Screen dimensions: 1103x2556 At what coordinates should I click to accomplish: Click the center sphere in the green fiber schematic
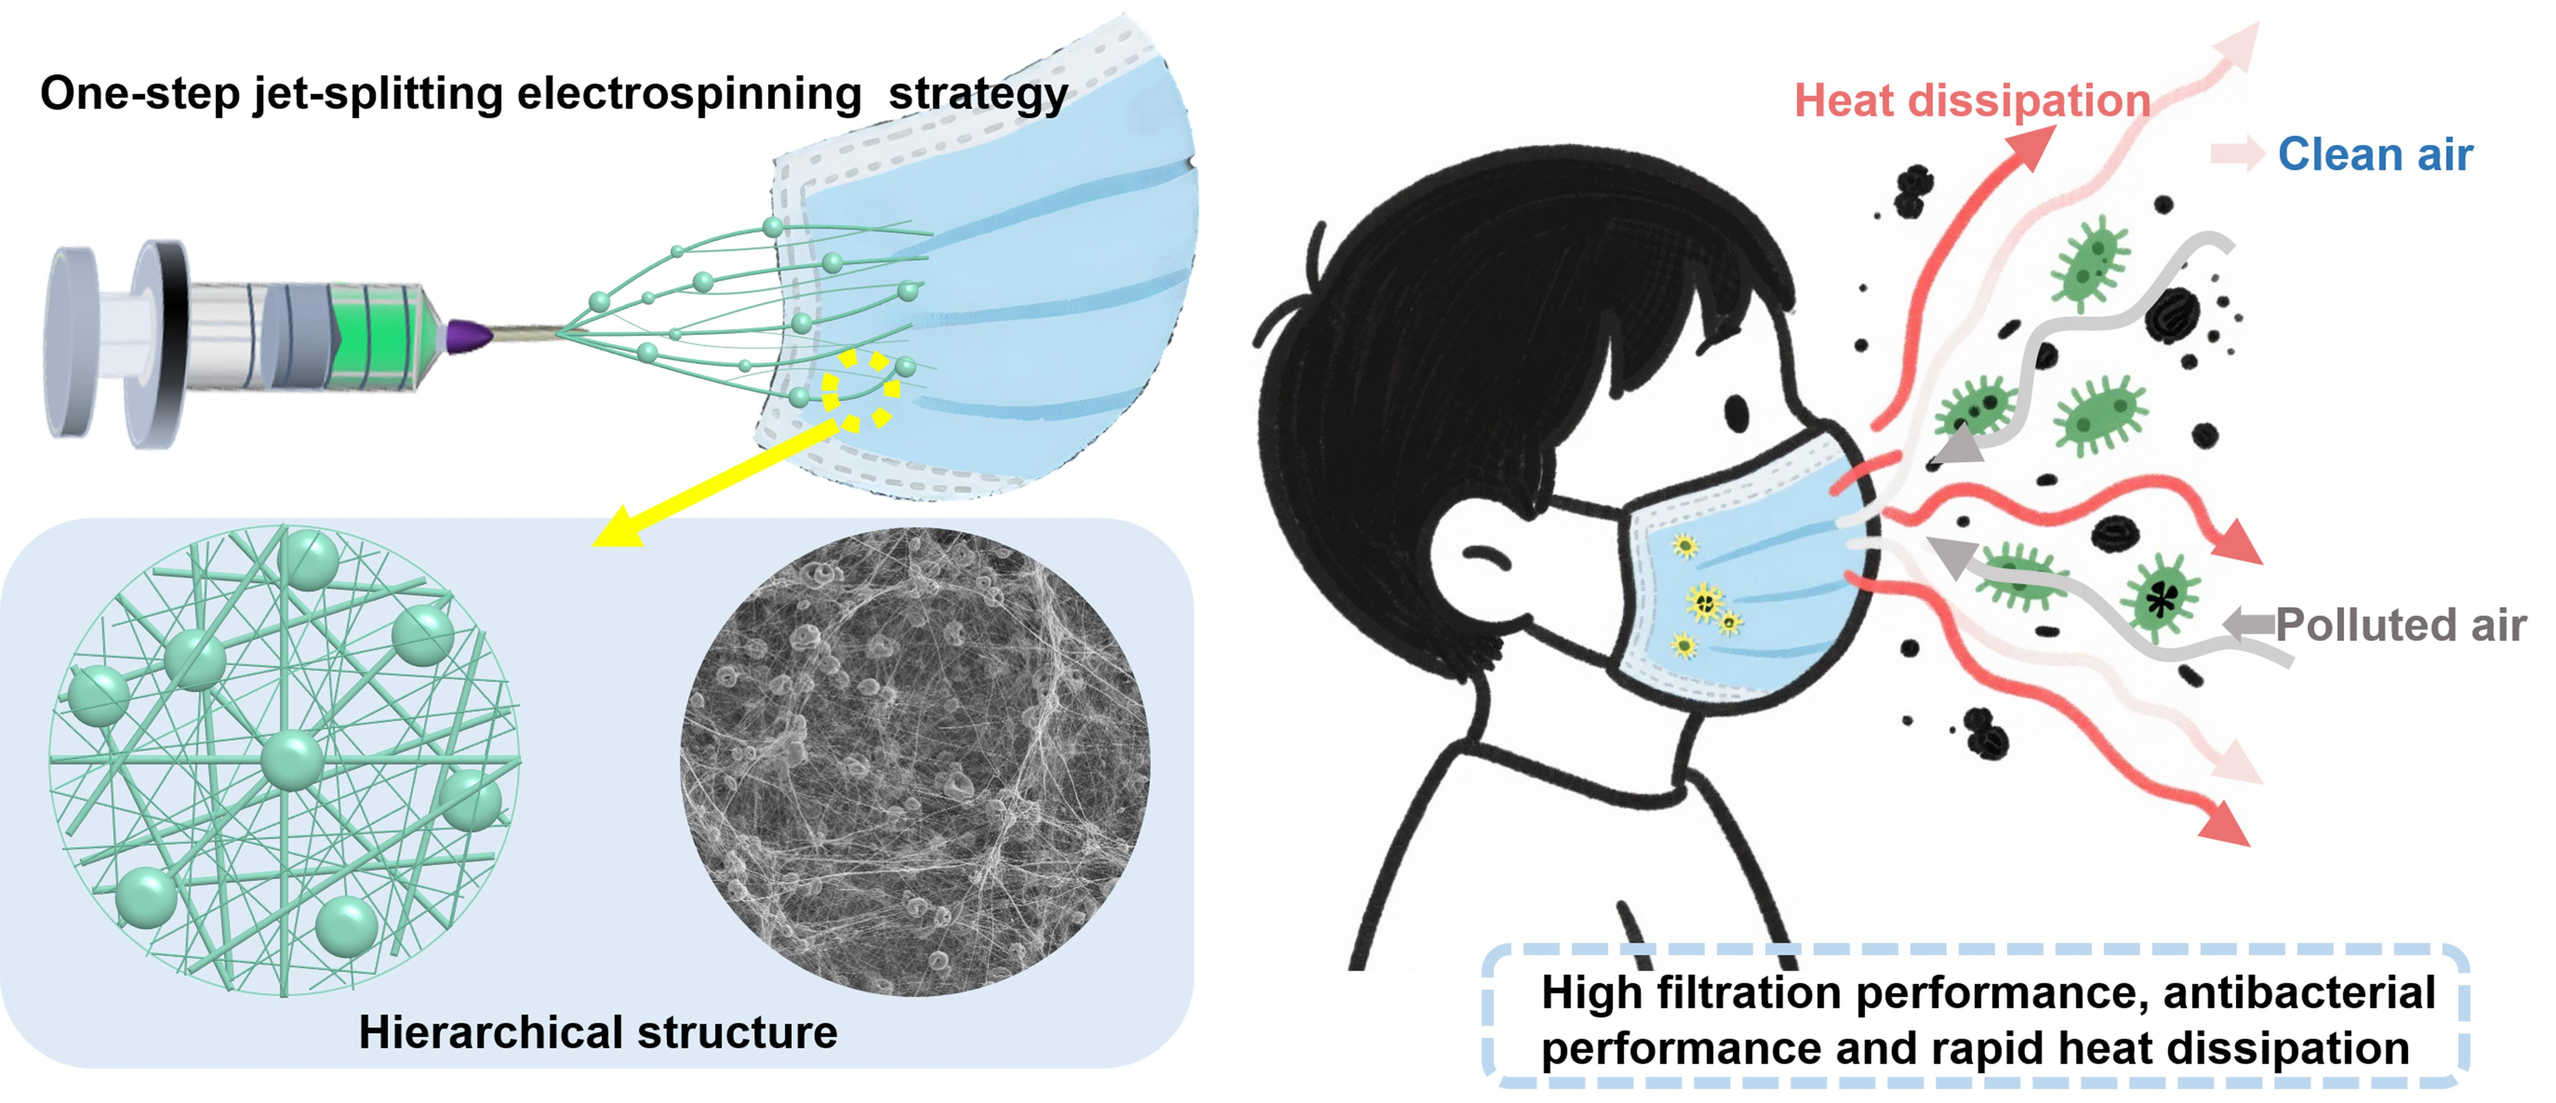(x=292, y=761)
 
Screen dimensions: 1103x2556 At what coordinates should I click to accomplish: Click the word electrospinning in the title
(x=689, y=94)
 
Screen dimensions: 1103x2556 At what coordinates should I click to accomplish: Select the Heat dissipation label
(x=1971, y=100)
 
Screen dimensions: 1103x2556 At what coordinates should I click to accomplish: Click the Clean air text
(x=2375, y=155)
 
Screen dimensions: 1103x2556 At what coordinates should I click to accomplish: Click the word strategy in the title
(x=978, y=94)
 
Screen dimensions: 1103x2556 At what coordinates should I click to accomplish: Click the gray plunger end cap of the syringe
(x=72, y=342)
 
